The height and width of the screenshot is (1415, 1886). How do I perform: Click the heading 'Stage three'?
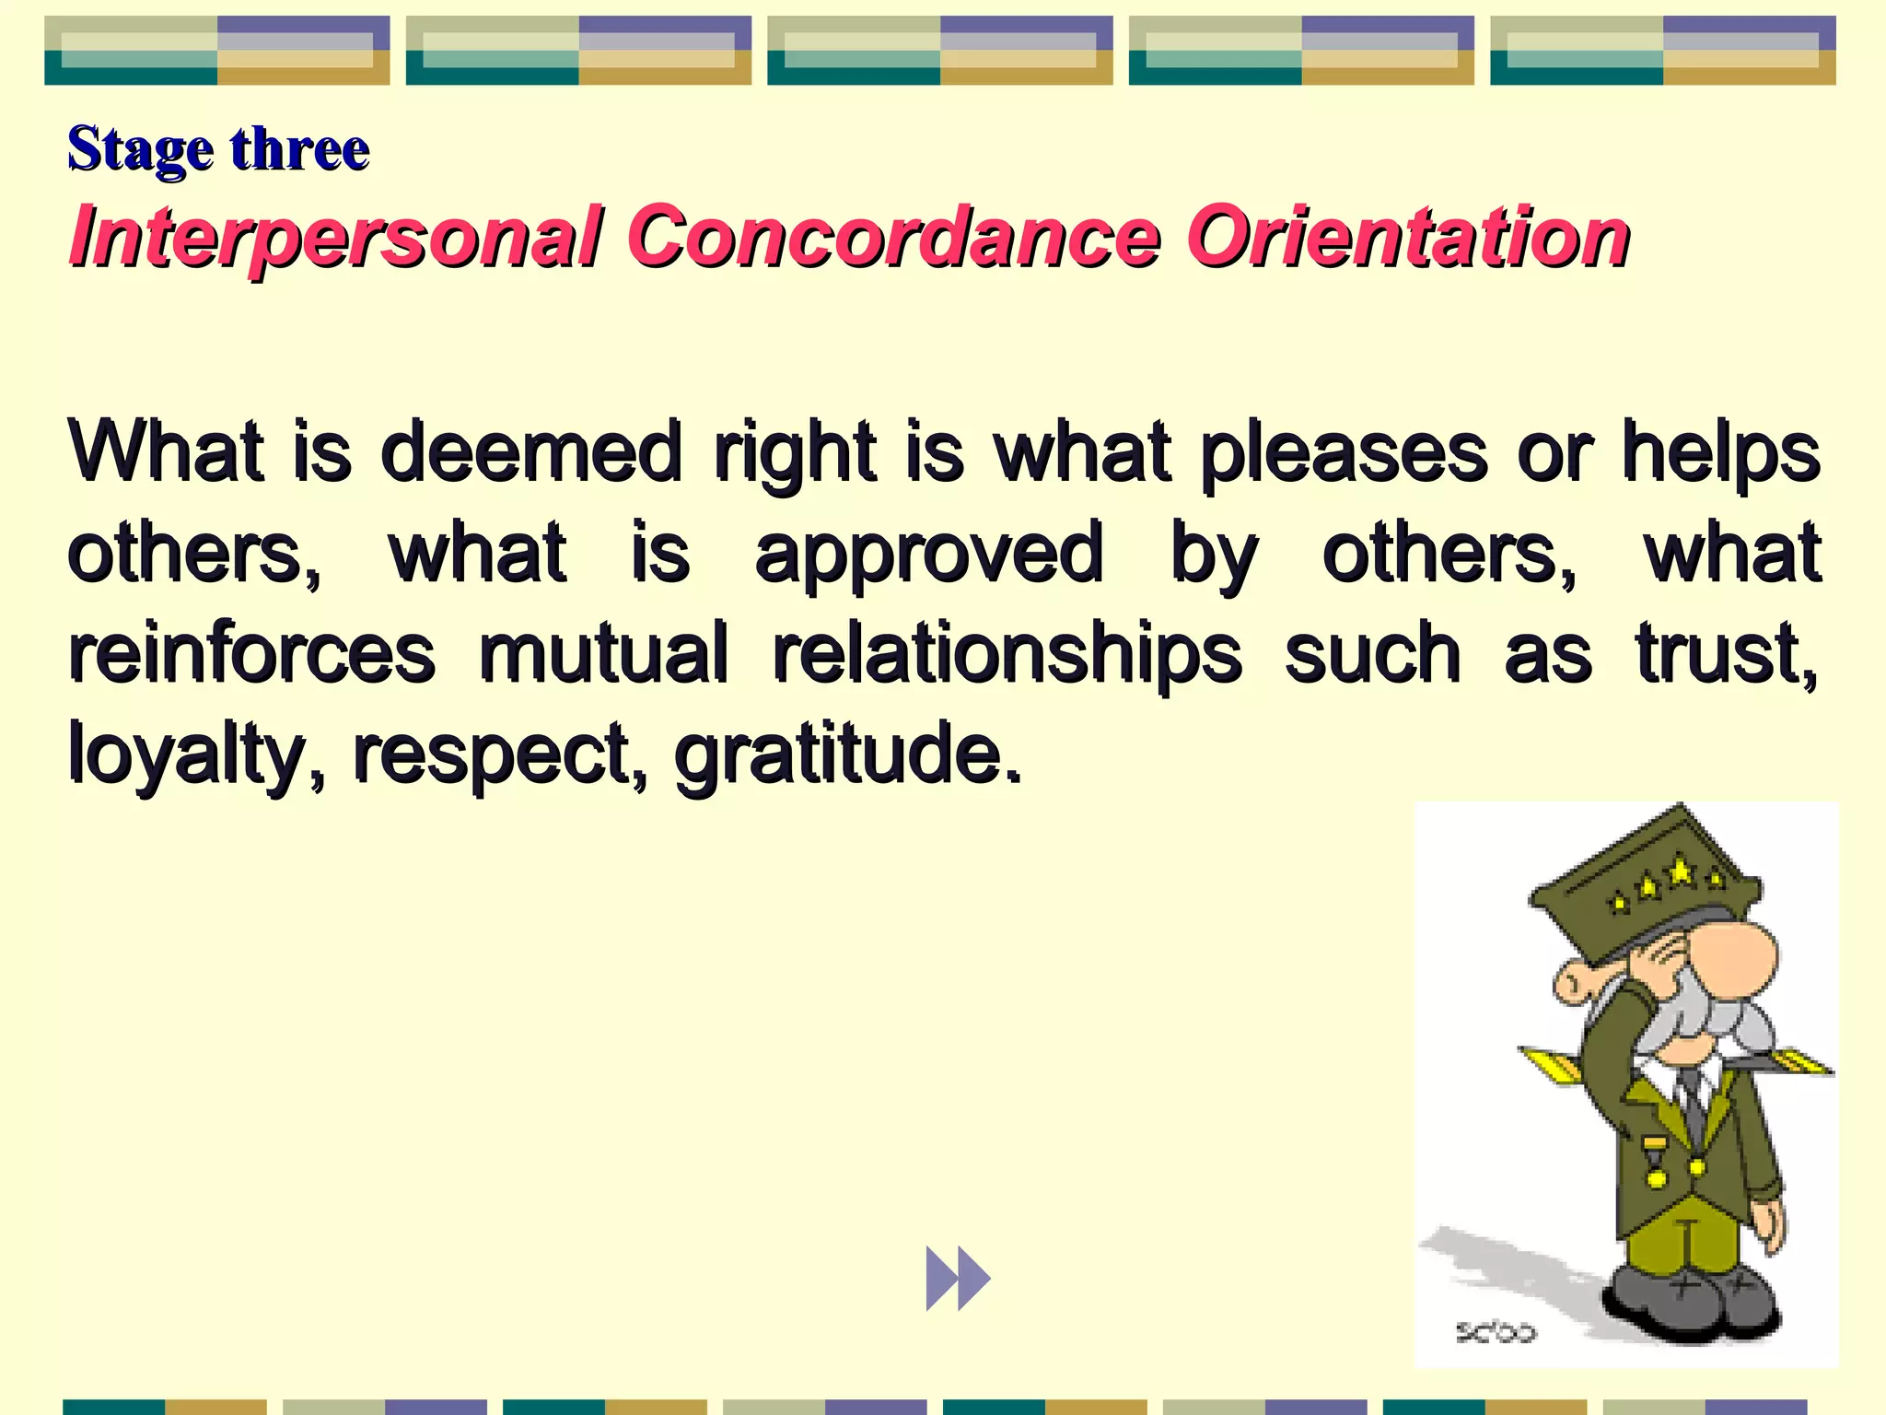tap(218, 149)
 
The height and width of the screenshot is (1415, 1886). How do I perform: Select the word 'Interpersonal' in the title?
tap(337, 238)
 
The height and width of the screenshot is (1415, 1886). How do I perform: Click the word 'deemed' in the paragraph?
tap(531, 451)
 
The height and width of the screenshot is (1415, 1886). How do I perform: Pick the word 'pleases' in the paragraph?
tap(1344, 453)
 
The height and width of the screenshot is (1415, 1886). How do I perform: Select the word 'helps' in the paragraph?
tap(1720, 453)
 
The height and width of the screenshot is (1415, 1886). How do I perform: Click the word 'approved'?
tap(928, 555)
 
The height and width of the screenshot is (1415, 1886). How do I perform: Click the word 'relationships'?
tap(1007, 655)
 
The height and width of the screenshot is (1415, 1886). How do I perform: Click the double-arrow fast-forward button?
tap(958, 1278)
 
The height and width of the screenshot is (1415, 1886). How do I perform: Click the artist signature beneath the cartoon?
tap(1496, 1332)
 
